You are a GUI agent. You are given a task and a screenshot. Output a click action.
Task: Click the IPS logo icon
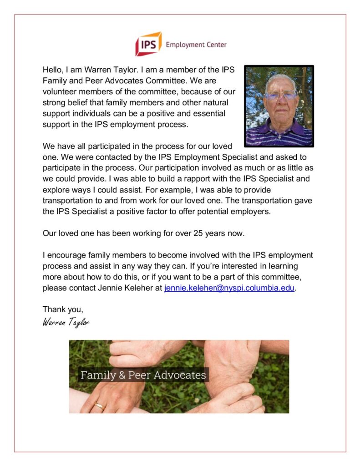point(148,44)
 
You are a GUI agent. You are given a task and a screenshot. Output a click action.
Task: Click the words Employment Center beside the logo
point(196,45)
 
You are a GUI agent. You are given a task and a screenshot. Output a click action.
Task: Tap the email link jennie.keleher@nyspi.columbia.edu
point(229,288)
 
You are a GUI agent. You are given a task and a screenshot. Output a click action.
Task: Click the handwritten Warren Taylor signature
point(66,323)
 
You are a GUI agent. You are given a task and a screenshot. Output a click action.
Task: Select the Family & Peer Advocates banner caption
point(143,375)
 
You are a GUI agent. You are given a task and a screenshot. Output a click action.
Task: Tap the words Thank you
point(63,309)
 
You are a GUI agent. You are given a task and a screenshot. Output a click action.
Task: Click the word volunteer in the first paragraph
point(59,92)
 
